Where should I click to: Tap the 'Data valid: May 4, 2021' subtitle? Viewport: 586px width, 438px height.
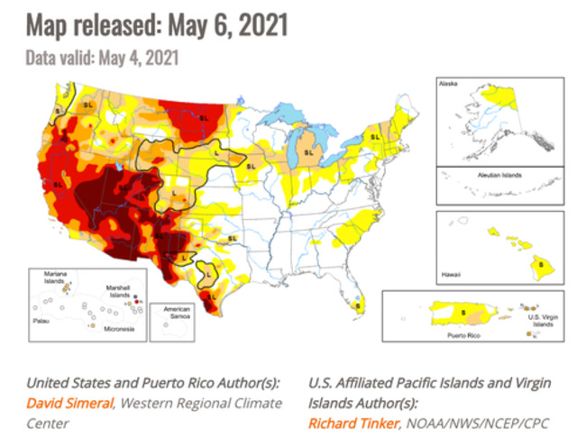pos(103,57)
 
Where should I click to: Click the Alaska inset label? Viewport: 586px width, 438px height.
pos(448,83)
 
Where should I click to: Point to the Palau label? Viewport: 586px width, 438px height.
pos(38,318)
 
